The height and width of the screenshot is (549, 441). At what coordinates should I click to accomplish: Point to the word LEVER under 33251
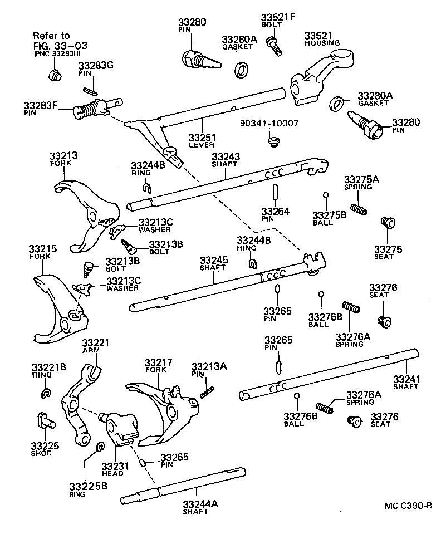201,145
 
